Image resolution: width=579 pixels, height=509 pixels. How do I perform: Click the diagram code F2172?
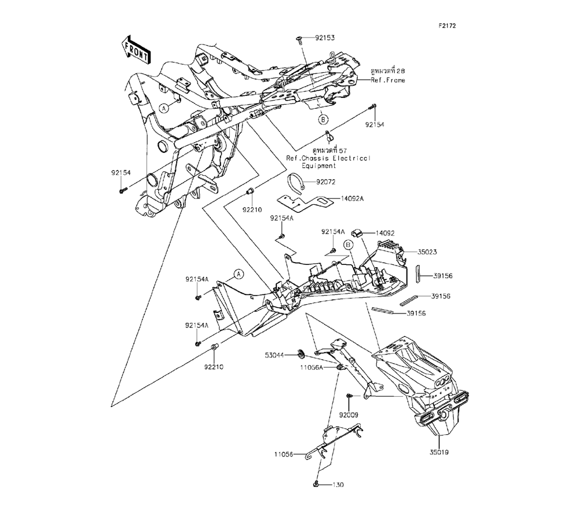click(x=447, y=26)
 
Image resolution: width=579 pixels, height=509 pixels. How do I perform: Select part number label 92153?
click(x=325, y=38)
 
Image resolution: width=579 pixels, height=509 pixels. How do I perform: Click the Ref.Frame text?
click(x=388, y=80)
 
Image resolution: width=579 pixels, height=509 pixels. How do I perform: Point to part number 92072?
click(x=325, y=182)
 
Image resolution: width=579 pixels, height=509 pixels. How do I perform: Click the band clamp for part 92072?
click(x=296, y=182)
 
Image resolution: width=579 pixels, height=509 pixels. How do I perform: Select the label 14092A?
click(x=352, y=199)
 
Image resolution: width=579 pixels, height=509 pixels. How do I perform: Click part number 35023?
click(x=427, y=252)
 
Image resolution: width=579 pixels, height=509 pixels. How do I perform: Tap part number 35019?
click(x=439, y=452)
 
